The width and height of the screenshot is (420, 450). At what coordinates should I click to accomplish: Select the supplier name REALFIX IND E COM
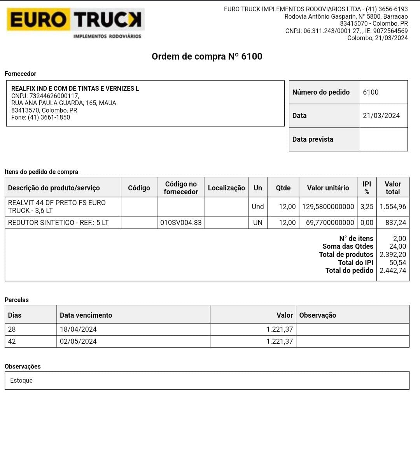click(x=75, y=88)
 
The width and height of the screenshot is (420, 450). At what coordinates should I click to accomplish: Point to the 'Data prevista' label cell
click(x=313, y=139)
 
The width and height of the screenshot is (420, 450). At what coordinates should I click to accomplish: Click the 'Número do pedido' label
click(x=321, y=92)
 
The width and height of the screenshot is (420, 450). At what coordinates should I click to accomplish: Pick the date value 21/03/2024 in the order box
click(x=381, y=116)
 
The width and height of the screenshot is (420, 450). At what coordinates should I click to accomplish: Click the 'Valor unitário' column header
click(x=328, y=188)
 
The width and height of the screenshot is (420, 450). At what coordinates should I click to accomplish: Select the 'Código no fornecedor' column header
click(x=181, y=188)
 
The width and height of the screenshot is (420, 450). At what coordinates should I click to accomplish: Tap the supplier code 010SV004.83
click(x=181, y=223)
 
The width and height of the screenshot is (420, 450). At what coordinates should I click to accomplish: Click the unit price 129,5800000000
click(x=328, y=207)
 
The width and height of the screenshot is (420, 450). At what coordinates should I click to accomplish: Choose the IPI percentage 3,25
click(x=367, y=207)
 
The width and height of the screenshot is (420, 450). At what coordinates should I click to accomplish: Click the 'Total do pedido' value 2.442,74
click(x=393, y=271)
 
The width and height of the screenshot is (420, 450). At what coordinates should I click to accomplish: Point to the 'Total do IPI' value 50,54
click(x=397, y=263)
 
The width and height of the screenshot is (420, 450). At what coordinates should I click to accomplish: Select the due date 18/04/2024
click(x=78, y=329)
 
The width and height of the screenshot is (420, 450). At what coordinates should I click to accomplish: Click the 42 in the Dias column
click(x=12, y=341)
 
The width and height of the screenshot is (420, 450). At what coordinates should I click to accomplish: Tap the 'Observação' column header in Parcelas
click(x=317, y=315)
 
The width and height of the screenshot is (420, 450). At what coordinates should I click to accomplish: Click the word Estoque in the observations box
click(x=21, y=380)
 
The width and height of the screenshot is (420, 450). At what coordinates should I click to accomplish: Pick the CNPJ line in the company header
click(x=346, y=31)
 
